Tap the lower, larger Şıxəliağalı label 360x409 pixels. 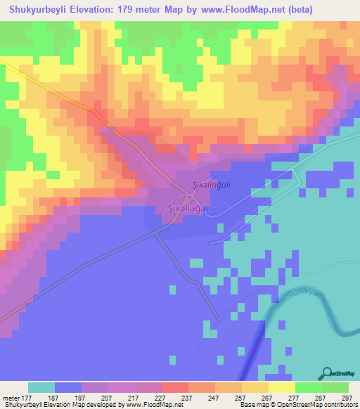pyautogui.click(x=187, y=209)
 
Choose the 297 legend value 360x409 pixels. pyautogui.click(x=348, y=397)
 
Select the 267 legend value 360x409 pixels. pyautogui.click(x=268, y=397)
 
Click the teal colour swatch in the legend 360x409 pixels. pyautogui.click(x=41, y=387)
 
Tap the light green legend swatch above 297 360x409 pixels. pyautogui.click(x=335, y=387)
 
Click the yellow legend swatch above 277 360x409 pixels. pyautogui.click(x=282, y=387)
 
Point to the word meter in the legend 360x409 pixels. pyautogui.click(x=11, y=397)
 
